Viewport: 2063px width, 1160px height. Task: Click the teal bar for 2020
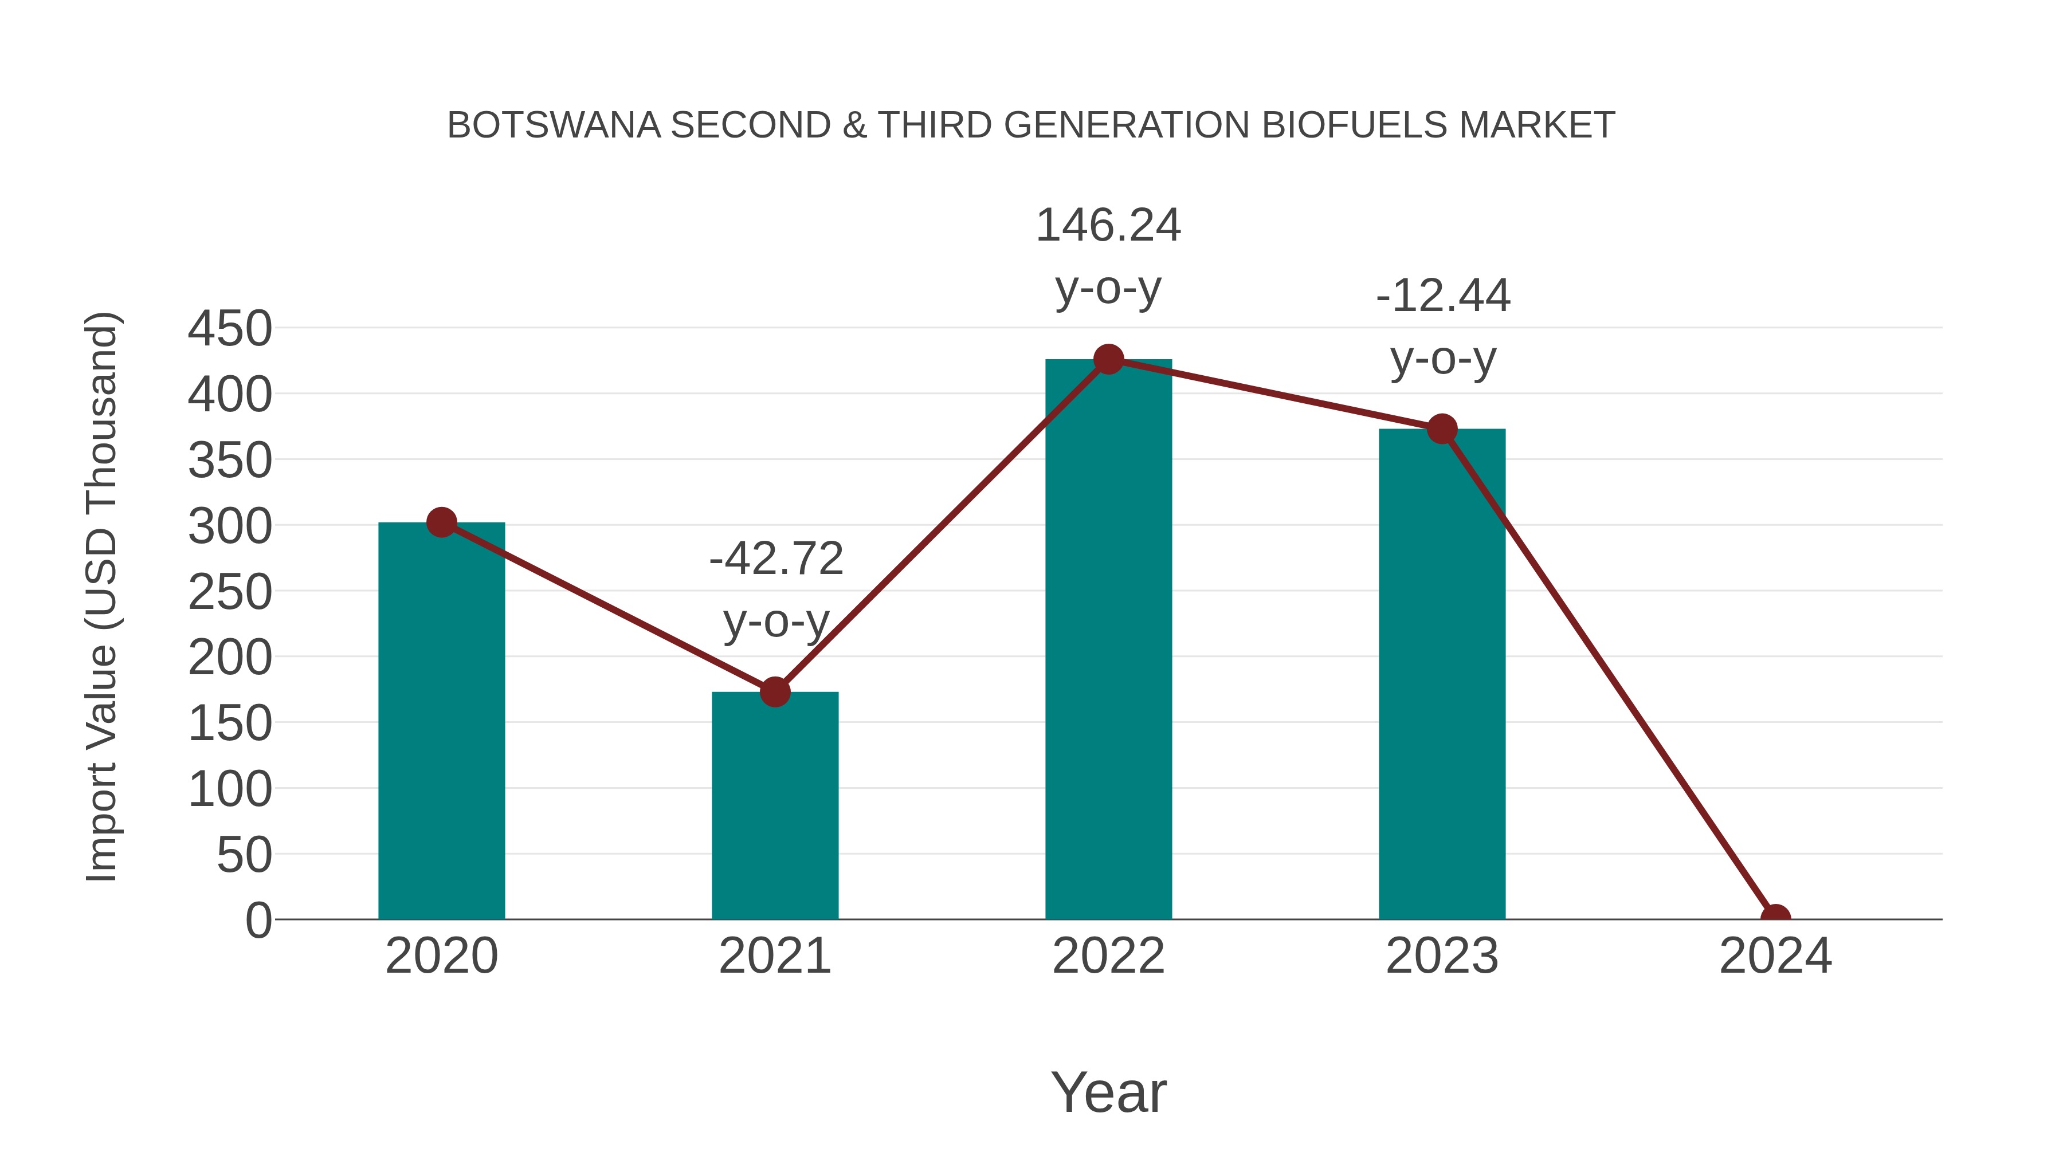pyautogui.click(x=441, y=721)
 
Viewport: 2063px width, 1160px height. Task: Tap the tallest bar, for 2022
pyautogui.click(x=1108, y=640)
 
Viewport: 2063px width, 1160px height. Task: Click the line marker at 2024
pyautogui.click(x=1775, y=918)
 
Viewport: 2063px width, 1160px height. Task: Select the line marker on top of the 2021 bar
pyautogui.click(x=774, y=691)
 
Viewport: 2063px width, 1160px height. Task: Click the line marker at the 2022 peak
pyautogui.click(x=1108, y=359)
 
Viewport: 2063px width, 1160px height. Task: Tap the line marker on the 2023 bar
pyautogui.click(x=1442, y=429)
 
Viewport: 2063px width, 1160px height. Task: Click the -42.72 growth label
pyautogui.click(x=776, y=558)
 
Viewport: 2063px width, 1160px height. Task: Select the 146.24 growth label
pyautogui.click(x=1108, y=225)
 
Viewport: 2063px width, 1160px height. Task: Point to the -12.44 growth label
pyautogui.click(x=1442, y=296)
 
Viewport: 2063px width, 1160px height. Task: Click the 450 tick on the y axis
pyautogui.click(x=230, y=328)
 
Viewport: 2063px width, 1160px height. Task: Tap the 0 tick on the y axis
pyautogui.click(x=258, y=920)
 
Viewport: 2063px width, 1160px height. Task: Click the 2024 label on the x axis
pyautogui.click(x=1775, y=956)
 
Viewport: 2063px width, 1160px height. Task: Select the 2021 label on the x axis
pyautogui.click(x=774, y=956)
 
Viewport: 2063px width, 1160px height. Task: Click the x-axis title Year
pyautogui.click(x=1108, y=1092)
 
